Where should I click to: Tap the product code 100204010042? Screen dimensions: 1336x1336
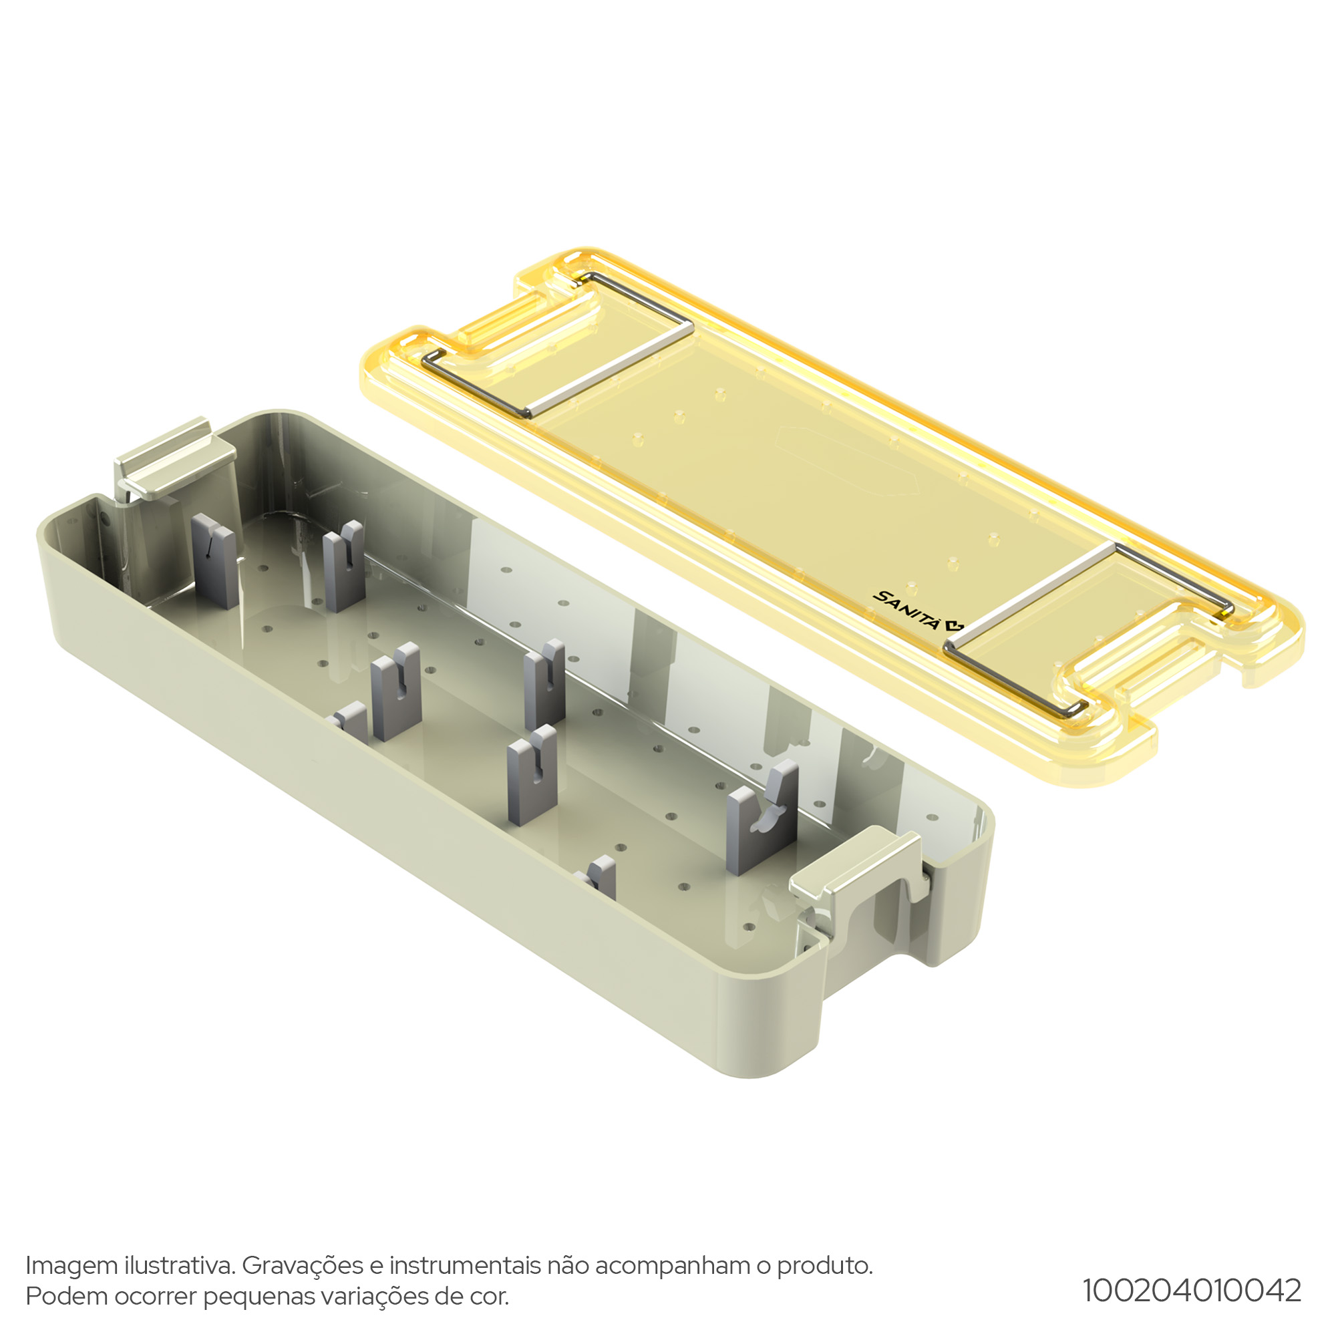[1192, 1291]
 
